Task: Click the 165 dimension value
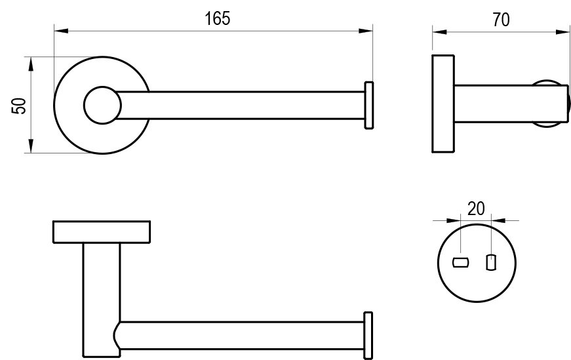(217, 18)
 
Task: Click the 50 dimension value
(20, 105)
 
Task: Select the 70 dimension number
(501, 20)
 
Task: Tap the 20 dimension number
(476, 209)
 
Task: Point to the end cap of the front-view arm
(368, 105)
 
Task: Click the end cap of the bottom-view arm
(368, 334)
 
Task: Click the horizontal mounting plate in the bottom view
(102, 232)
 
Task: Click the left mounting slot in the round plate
(461, 264)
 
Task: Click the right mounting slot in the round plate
(489, 263)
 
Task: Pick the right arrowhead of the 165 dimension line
(368, 30)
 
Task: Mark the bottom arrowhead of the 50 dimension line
(30, 149)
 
